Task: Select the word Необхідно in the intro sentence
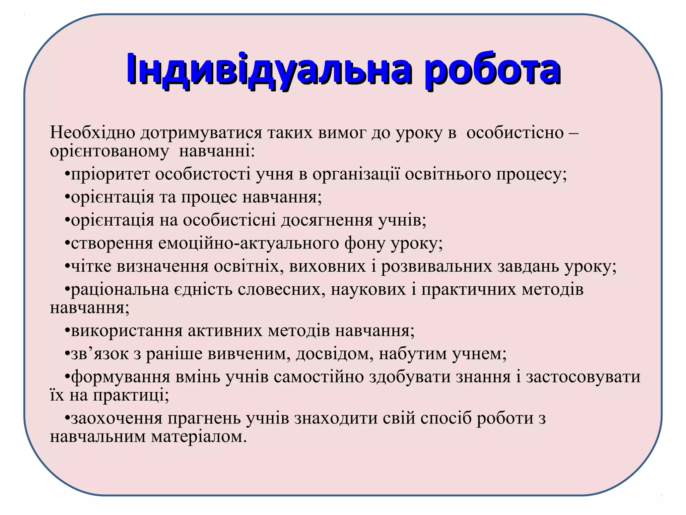tap(92, 132)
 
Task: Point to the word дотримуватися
tap(201, 133)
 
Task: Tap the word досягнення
tap(327, 221)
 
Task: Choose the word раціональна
tap(120, 290)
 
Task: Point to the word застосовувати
tap(583, 377)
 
